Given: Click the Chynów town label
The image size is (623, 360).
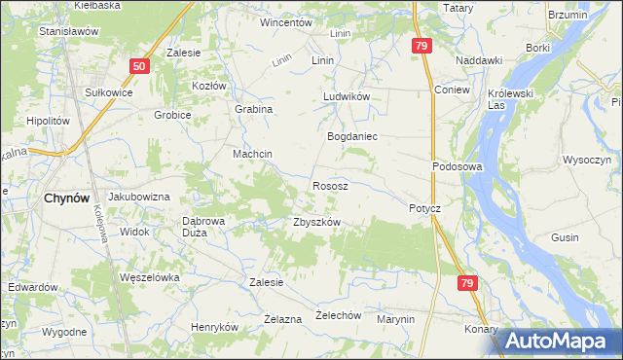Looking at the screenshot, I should point(68,198).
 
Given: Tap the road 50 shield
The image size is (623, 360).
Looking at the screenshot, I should point(140,65).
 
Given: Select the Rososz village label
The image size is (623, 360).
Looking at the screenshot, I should point(331,185).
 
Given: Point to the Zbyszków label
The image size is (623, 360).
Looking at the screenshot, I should point(316,222).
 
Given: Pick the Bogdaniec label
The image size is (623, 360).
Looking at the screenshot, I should point(351,137).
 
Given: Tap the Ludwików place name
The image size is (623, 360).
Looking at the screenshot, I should point(348,97).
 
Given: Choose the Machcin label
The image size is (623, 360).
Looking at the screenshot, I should point(251,155).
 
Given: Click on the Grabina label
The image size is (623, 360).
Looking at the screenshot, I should point(253,110).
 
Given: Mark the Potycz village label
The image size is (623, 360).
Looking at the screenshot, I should point(424,209).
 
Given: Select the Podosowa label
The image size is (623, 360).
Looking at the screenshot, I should point(458,166).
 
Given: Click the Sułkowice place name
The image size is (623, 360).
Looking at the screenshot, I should point(109,91).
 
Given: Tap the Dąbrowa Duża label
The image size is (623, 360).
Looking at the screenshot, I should point(204,227).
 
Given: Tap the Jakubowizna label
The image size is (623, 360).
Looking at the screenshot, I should point(139,197).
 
